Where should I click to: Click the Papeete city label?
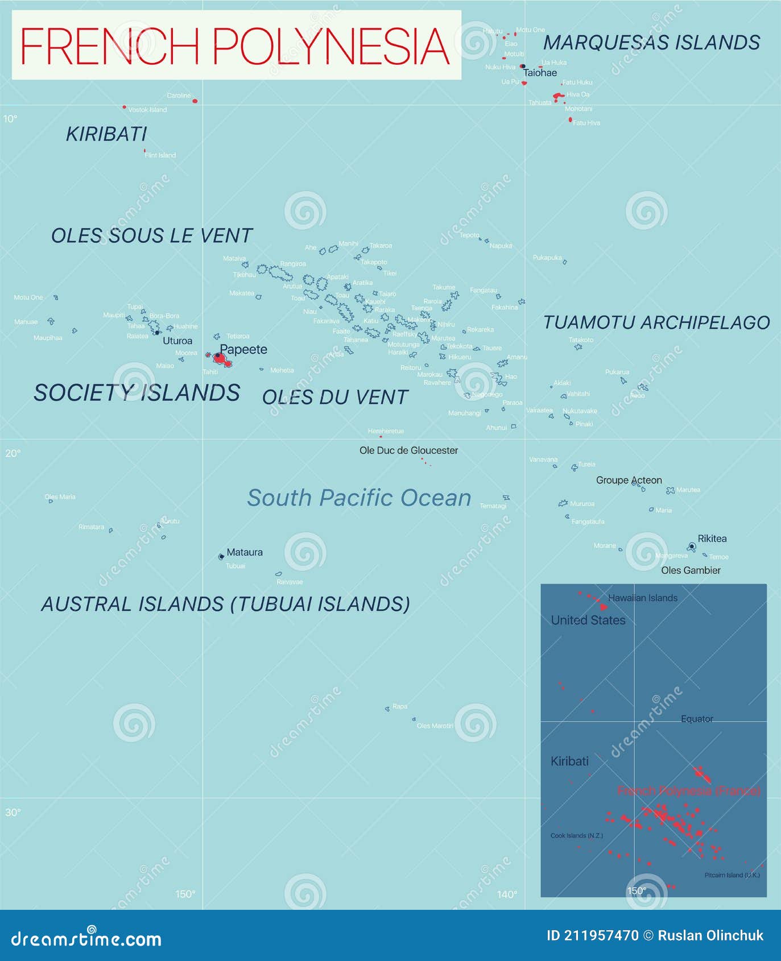tap(243, 349)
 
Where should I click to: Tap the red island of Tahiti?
tap(221, 359)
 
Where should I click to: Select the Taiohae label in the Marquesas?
tap(540, 73)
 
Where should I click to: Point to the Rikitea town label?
tap(712, 539)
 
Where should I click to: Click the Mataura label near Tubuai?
tap(245, 552)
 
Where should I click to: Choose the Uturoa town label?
tap(177, 341)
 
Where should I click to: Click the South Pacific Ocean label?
tap(359, 498)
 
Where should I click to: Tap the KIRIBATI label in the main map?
tap(106, 134)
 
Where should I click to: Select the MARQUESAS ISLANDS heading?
tap(651, 43)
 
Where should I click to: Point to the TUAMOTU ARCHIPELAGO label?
tap(656, 322)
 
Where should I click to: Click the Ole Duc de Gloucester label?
tap(408, 450)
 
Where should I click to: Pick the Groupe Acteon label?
tap(629, 480)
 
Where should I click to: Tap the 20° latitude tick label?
tap(13, 453)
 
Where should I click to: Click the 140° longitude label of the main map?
tap(507, 894)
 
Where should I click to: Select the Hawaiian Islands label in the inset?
tap(643, 598)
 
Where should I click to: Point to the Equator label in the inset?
tap(697, 719)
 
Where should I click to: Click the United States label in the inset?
tap(588, 620)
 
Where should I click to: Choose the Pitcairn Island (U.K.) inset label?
tap(732, 875)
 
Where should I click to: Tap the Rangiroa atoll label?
tap(293, 264)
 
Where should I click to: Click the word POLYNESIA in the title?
tap(331, 46)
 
